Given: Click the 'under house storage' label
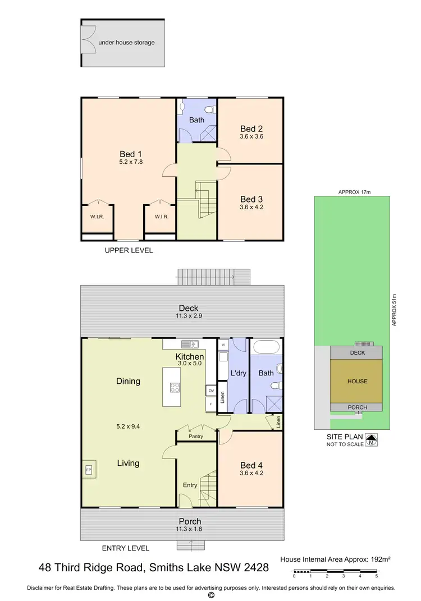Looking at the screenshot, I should point(126,42).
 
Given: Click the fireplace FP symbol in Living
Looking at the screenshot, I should point(89,469).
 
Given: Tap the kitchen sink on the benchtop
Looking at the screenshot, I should point(188,344).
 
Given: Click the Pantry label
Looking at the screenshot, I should point(196,436).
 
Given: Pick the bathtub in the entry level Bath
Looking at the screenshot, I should point(266,346).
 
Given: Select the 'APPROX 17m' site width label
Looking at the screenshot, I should point(355,192).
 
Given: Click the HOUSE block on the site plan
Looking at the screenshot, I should point(357,381).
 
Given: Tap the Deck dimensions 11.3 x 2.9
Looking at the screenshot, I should point(189,316).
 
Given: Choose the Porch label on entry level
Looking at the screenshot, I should point(190,521).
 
